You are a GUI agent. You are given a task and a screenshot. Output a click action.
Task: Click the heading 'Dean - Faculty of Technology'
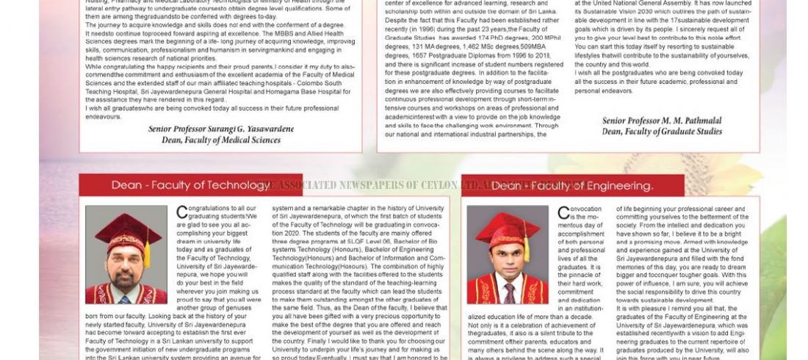click(190, 185)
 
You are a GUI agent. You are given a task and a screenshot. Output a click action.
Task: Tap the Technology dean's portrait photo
click(126, 254)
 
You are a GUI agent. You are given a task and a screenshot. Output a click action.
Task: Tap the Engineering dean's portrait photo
click(507, 254)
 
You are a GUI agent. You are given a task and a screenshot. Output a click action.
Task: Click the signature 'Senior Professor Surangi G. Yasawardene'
click(220, 129)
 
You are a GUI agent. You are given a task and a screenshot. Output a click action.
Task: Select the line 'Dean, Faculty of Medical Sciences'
click(220, 140)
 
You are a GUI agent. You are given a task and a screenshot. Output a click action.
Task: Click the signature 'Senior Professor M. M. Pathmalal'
click(661, 121)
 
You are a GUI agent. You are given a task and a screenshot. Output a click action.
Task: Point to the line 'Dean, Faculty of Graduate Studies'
click(661, 132)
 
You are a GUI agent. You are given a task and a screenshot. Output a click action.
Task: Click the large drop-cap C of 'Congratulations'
click(181, 212)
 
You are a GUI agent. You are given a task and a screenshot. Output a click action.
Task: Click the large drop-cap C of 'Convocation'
click(563, 212)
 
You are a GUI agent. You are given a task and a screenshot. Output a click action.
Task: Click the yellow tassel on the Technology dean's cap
click(148, 253)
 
